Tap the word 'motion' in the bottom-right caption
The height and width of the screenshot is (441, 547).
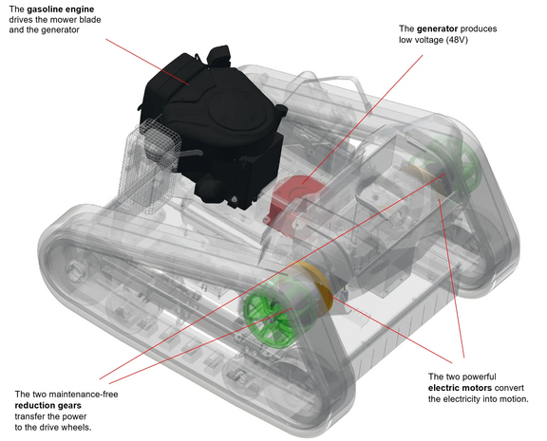tap(509, 400)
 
